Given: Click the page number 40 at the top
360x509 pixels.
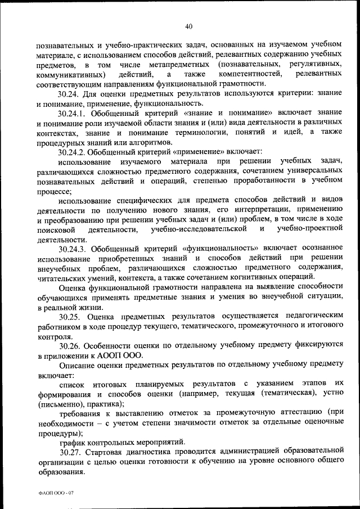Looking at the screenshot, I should point(188,25).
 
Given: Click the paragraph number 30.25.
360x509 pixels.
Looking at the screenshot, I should point(70,317).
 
